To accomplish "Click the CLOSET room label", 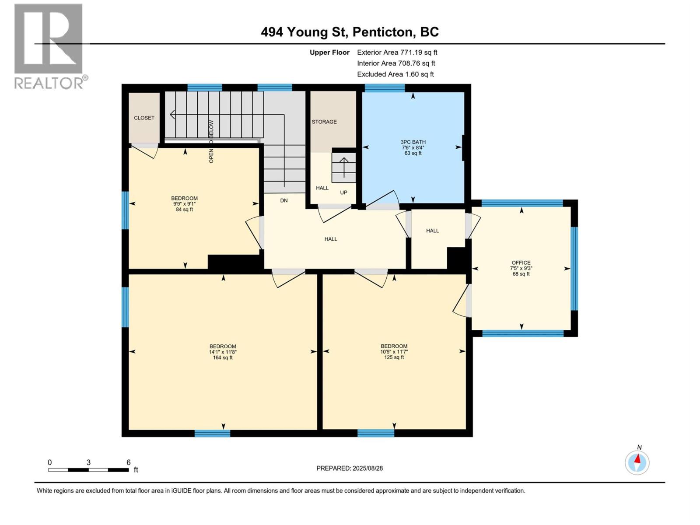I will coord(144,118).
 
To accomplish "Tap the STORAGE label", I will coord(324,122).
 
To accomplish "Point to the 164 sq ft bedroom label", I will coord(223,352).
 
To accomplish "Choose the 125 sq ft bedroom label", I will coord(394,352).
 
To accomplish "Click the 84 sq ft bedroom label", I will coord(184,204).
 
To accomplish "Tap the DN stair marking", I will coord(284,200).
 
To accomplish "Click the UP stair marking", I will coord(344,192).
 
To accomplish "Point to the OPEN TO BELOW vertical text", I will coord(211,142).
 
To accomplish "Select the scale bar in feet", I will coord(88,469).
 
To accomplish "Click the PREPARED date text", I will coord(350,468).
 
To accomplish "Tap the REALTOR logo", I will coord(49,46).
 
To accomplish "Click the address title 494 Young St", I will coord(350,32).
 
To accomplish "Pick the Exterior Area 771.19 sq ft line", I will coord(397,52).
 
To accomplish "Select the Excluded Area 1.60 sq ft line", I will coord(395,74).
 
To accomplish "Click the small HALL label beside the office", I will coord(432,231).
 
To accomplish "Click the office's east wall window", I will coord(574,269).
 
